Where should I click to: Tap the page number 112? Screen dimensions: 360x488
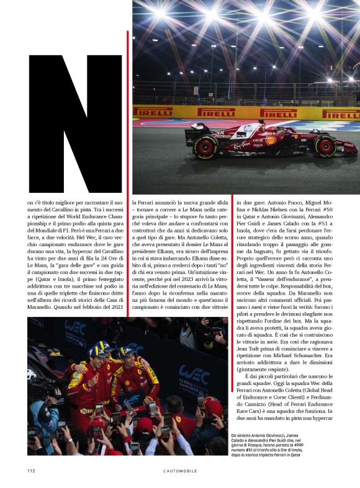pyautogui.click(x=31, y=471)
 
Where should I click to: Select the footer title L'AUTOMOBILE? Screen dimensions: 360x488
pyautogui.click(x=180, y=471)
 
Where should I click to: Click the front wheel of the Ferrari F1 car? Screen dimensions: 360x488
pyautogui.click(x=325, y=146)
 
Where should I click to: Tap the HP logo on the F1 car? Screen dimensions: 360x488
pyautogui.click(x=248, y=128)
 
